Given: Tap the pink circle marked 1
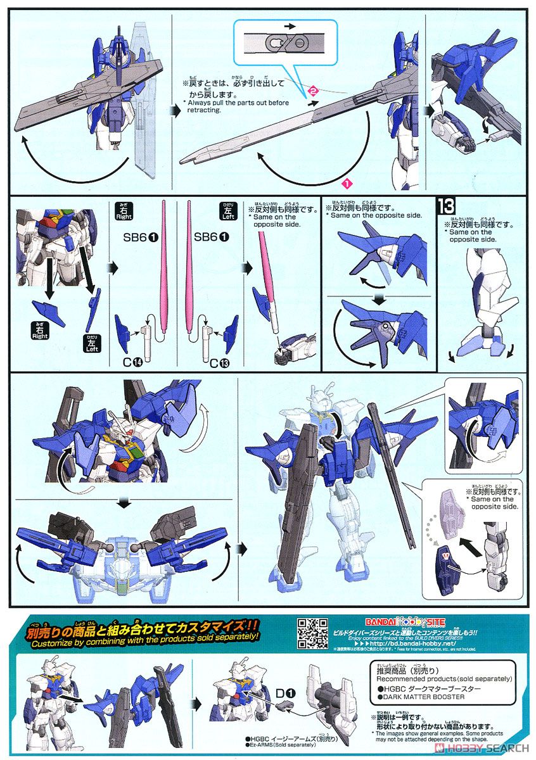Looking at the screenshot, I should click(346, 184).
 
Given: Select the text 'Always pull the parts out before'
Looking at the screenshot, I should click(234, 103).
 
